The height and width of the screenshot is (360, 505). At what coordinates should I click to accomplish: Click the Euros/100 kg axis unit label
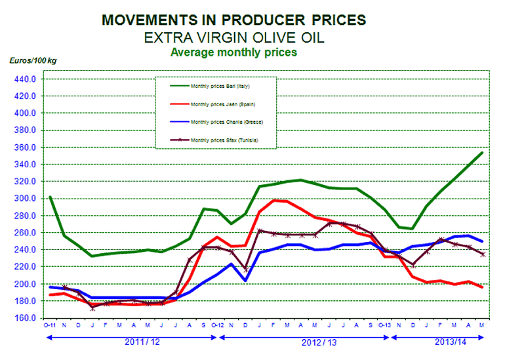coord(32,60)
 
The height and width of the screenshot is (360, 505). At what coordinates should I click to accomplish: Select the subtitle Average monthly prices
coord(233,51)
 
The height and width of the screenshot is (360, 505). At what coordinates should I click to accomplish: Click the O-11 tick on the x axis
coord(50,326)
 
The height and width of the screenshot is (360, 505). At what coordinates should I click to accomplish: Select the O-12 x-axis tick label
coord(219,326)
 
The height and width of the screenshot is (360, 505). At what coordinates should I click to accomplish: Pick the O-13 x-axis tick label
coord(386,326)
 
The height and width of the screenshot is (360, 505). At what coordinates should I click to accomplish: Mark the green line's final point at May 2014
coord(483,152)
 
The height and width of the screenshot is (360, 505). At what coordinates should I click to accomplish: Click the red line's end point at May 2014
coord(483,287)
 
